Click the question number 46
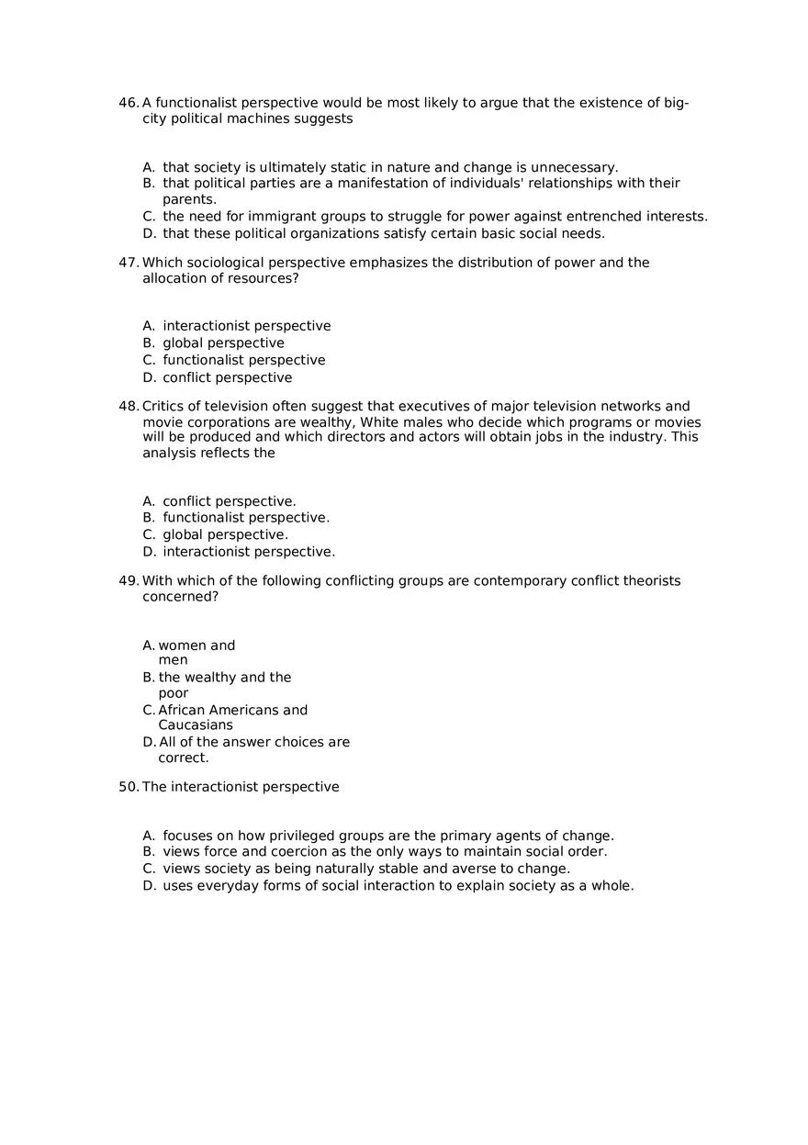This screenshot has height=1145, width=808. click(x=128, y=103)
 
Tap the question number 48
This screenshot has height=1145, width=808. click(x=128, y=407)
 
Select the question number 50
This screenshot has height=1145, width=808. click(x=128, y=787)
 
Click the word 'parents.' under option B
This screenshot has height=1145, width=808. click(x=189, y=199)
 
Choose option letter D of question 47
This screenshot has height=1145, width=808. click(x=149, y=377)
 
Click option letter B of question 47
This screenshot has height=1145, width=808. click(x=149, y=343)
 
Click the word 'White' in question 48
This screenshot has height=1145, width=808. click(x=383, y=422)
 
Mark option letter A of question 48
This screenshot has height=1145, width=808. click(x=149, y=501)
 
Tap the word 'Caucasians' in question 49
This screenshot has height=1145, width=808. click(x=196, y=725)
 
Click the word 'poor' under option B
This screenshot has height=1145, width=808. click(x=174, y=693)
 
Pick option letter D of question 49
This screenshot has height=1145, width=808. click(x=149, y=742)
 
